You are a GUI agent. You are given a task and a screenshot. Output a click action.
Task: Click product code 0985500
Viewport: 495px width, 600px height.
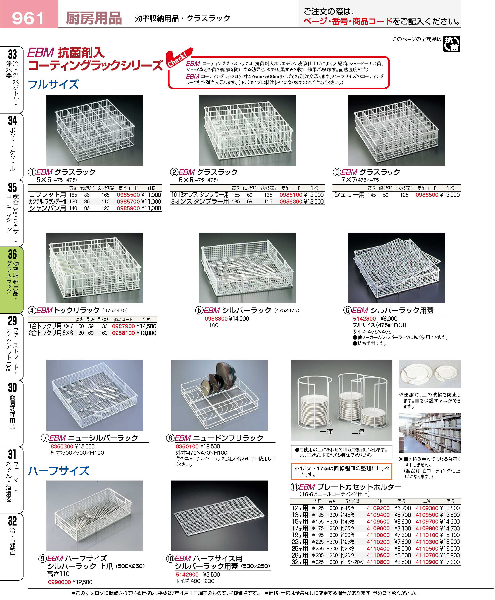(x=128, y=195)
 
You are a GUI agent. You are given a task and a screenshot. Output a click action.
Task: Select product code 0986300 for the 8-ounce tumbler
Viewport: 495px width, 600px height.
(x=291, y=202)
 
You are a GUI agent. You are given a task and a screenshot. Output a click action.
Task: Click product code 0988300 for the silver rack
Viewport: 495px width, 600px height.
(x=216, y=319)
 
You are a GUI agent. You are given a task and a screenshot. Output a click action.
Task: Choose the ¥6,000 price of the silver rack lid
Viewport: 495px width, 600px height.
(x=389, y=319)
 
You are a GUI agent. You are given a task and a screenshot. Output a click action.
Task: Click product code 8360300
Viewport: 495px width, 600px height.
(x=62, y=446)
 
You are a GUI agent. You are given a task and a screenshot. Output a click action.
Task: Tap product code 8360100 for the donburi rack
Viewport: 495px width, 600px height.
(x=187, y=446)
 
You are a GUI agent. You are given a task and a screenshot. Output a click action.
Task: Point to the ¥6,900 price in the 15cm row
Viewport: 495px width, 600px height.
(x=402, y=522)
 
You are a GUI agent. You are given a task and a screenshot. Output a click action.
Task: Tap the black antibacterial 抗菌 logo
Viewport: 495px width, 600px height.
(x=451, y=44)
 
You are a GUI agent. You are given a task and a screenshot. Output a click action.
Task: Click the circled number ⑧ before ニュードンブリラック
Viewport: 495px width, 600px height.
(x=170, y=438)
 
